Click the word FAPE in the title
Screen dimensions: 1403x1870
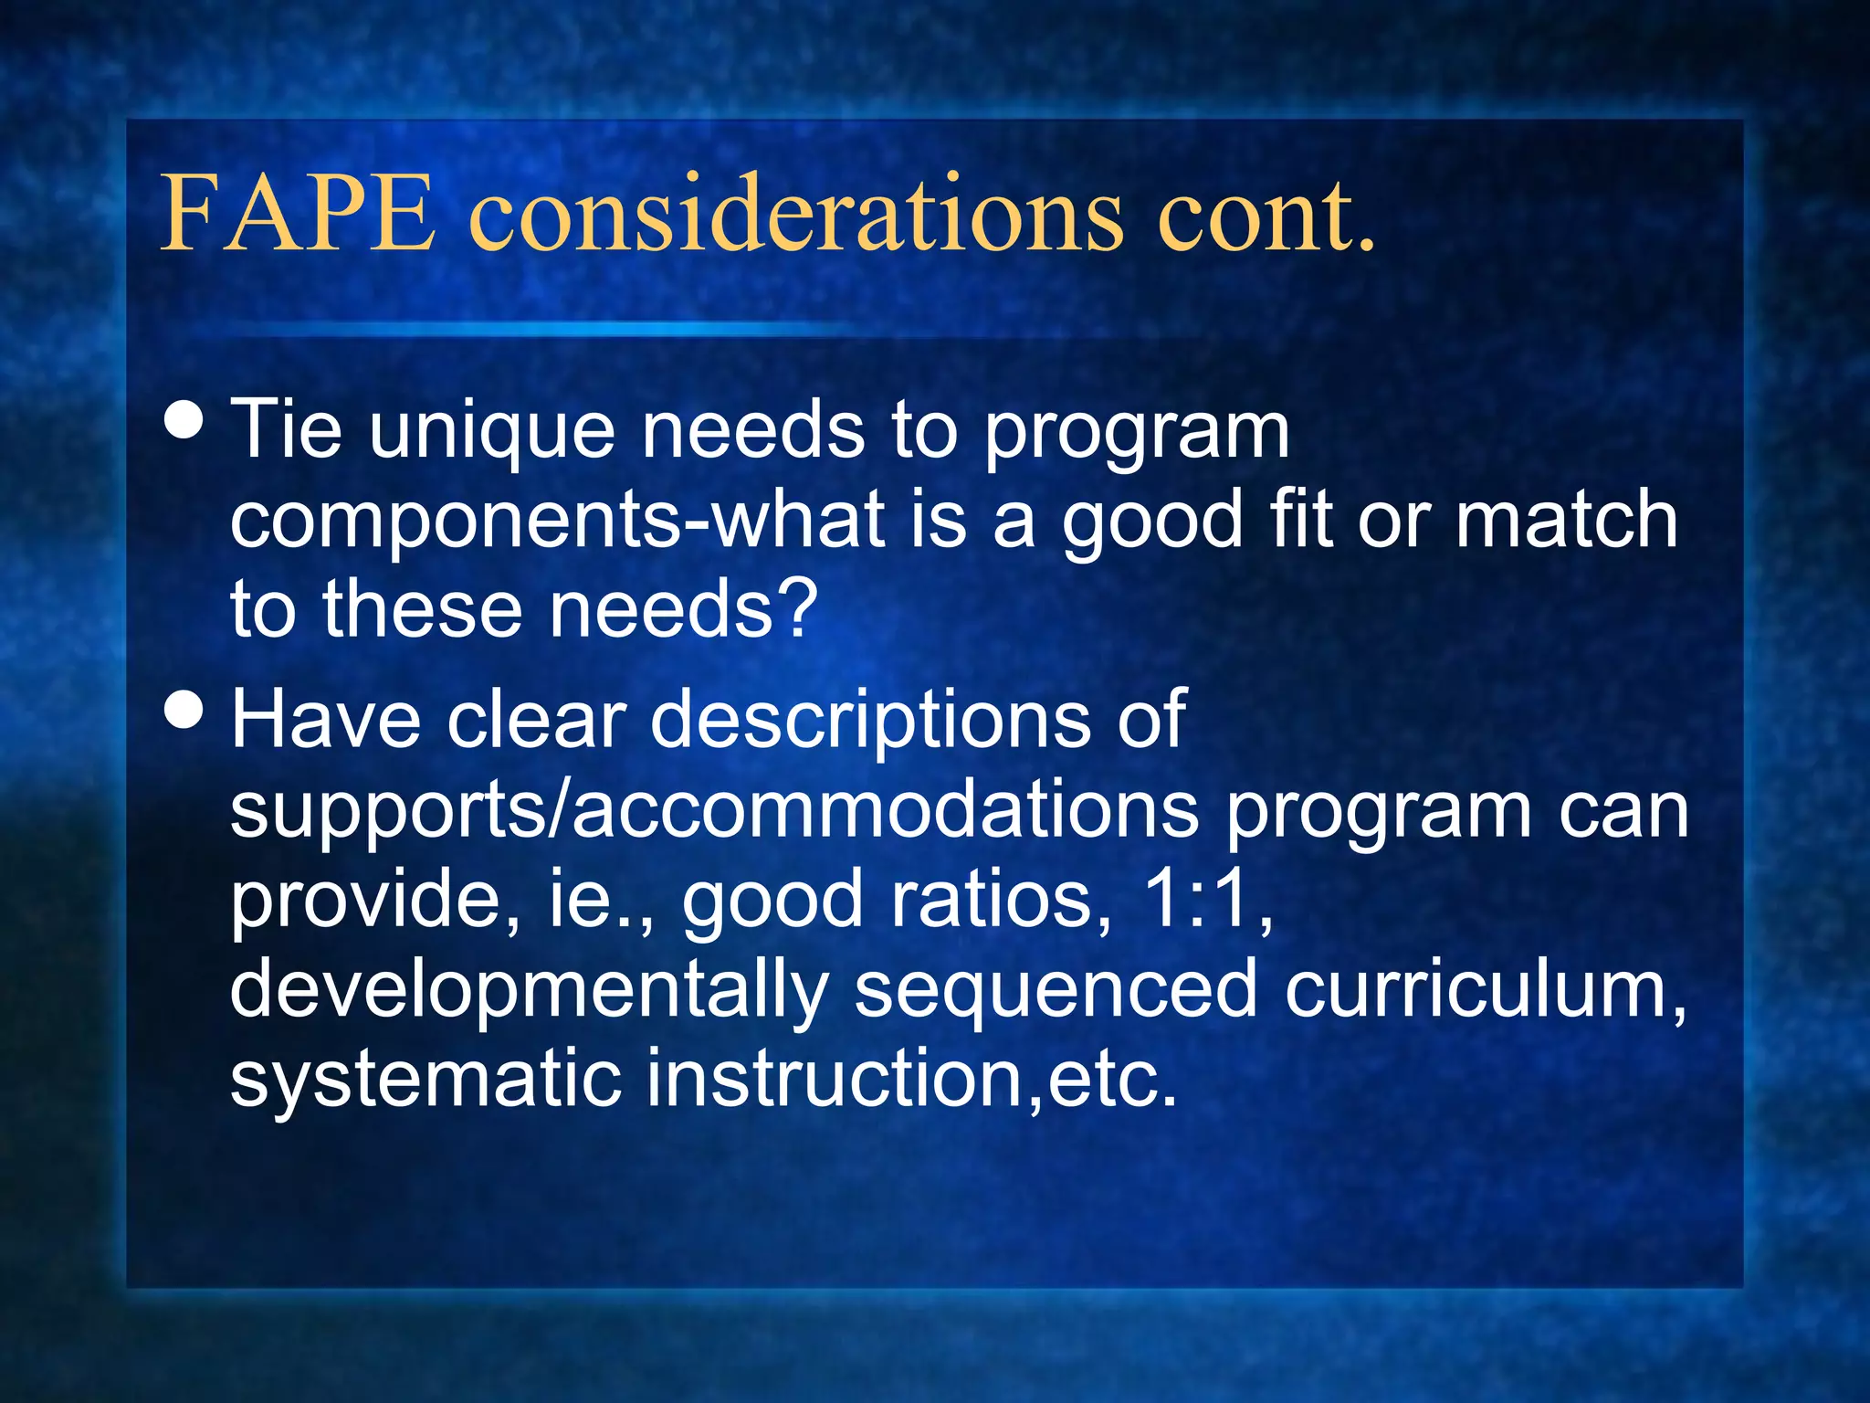click(x=297, y=214)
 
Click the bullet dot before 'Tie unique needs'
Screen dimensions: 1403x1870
click(x=185, y=421)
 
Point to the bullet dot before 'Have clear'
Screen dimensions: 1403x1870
click(x=185, y=710)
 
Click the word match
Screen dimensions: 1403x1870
click(x=1566, y=519)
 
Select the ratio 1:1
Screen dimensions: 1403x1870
click(x=1206, y=899)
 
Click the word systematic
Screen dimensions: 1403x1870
click(x=425, y=1078)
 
